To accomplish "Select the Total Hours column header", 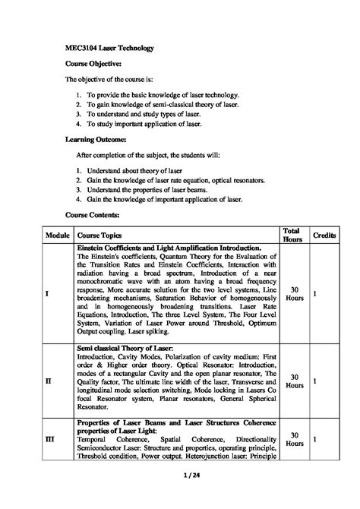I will (x=291, y=236).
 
